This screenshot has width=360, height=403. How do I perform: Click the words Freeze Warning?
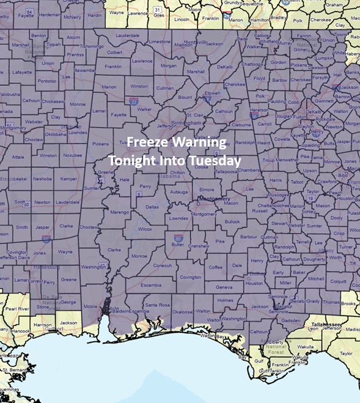click(x=176, y=143)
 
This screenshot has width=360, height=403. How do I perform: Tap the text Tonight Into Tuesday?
click(x=174, y=160)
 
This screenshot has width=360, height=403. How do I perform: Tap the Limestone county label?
click(x=160, y=42)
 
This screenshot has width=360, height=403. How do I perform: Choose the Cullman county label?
click(x=165, y=88)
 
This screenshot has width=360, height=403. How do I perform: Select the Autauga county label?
click(x=178, y=191)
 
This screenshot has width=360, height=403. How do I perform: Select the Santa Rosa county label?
click(x=157, y=305)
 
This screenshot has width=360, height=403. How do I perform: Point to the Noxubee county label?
click(x=73, y=155)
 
